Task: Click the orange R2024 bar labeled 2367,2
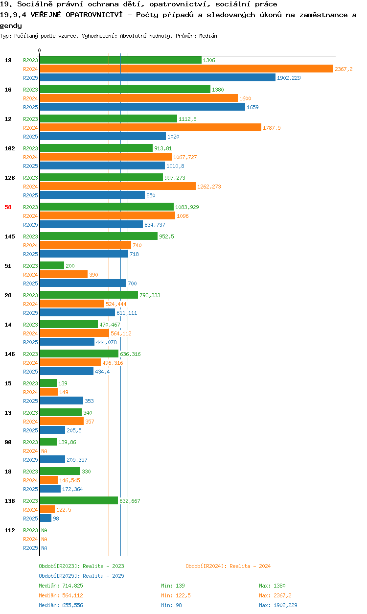pyautogui.click(x=186, y=69)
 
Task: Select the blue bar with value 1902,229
pyautogui.click(x=158, y=77)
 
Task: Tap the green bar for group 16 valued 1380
pyautogui.click(x=125, y=90)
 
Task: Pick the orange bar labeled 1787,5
pyautogui.click(x=151, y=127)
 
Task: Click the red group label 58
pyautogui.click(x=8, y=207)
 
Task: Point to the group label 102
pyautogui.click(x=10, y=148)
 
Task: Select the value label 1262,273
pyautogui.click(x=209, y=187)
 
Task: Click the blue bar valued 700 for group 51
pyautogui.click(x=83, y=283)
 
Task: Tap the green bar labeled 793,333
pyautogui.click(x=89, y=295)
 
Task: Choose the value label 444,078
pyautogui.click(x=106, y=342)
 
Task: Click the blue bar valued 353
pyautogui.click(x=62, y=401)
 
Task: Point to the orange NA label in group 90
pyautogui.click(x=44, y=451)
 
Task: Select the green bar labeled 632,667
pyautogui.click(x=79, y=500)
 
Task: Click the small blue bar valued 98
pyautogui.click(x=46, y=518)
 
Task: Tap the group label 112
pyautogui.click(x=10, y=530)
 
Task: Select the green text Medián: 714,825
pyautogui.click(x=61, y=586)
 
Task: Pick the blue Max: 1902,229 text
pyautogui.click(x=278, y=605)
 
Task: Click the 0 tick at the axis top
pyautogui.click(x=40, y=51)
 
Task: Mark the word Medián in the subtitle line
pyautogui.click(x=208, y=36)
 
